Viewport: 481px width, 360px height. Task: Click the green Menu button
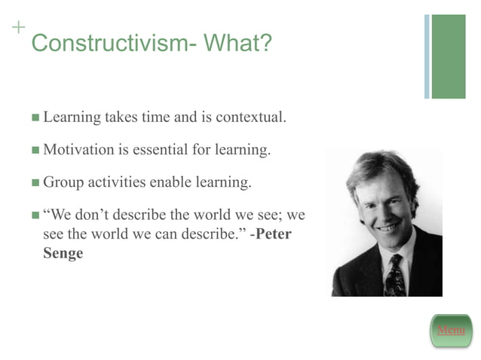point(451,330)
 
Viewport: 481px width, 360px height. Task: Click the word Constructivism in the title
point(106,43)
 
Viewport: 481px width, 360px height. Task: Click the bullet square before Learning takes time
point(35,118)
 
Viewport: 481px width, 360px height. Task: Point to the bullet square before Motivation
point(35,150)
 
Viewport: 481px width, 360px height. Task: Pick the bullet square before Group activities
point(35,182)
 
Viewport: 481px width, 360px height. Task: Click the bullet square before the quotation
point(35,215)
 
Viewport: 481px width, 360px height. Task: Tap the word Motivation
point(78,149)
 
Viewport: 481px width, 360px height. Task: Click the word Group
point(64,182)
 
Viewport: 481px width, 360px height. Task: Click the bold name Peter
point(274,233)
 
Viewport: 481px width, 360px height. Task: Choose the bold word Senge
point(63,253)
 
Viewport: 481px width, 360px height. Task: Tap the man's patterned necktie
point(394,276)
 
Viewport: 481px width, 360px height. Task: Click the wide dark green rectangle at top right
point(449,56)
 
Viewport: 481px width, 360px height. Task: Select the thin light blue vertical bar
point(427,56)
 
